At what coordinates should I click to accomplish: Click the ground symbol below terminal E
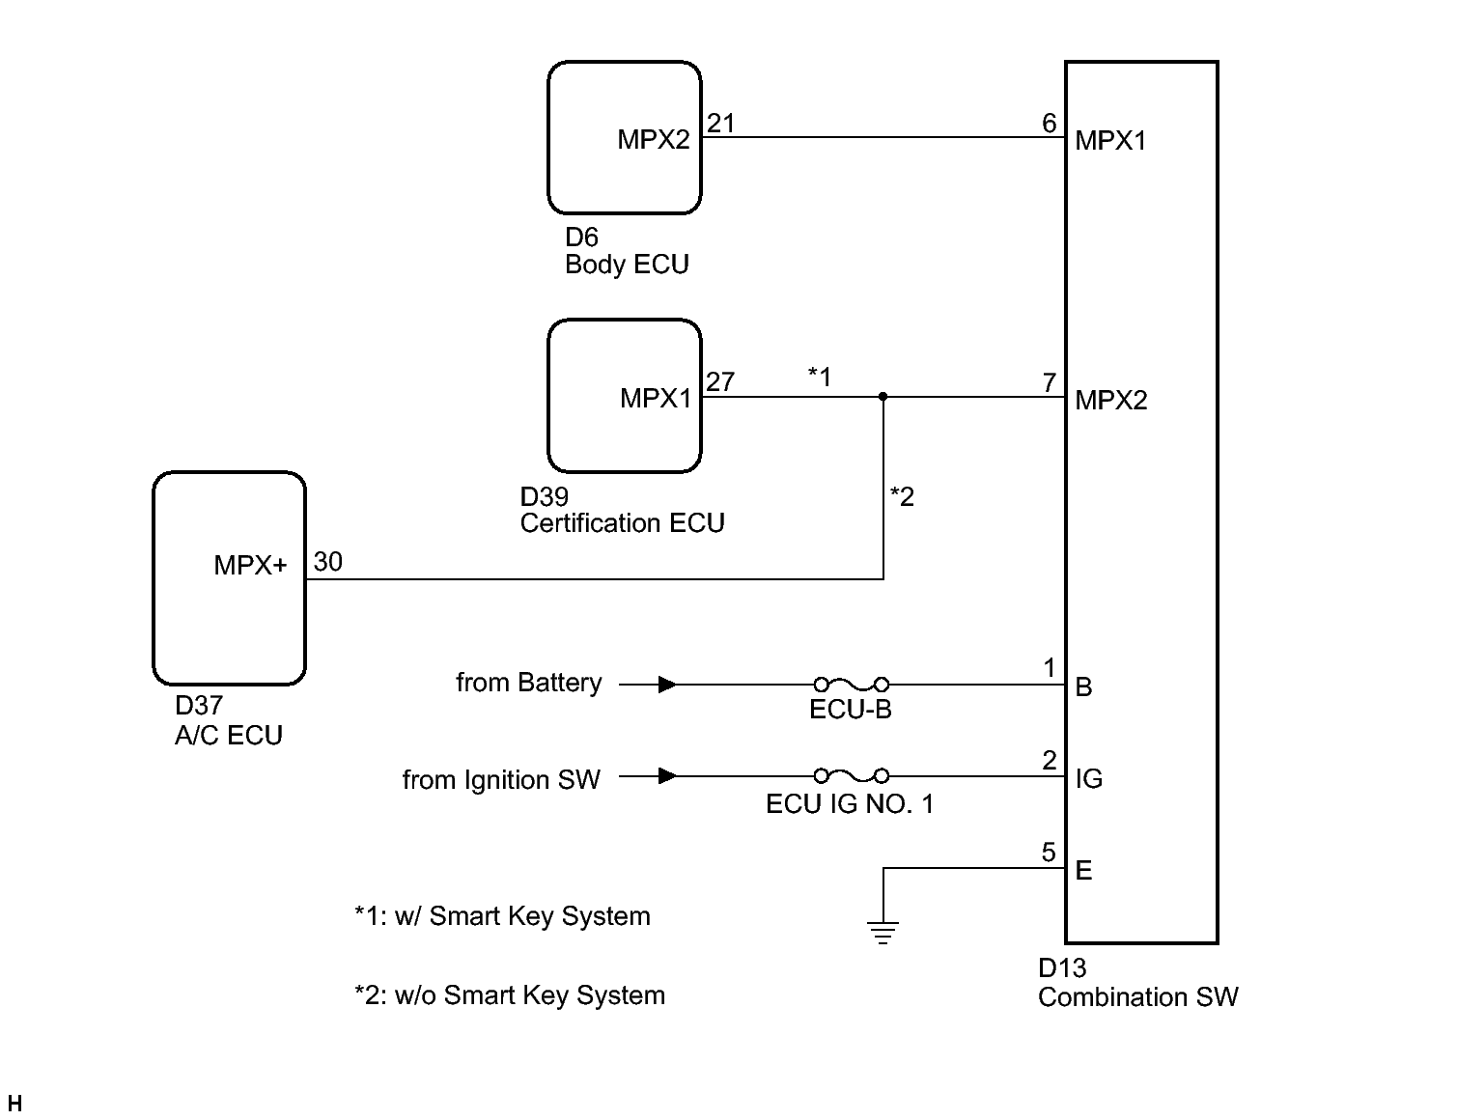pyautogui.click(x=883, y=932)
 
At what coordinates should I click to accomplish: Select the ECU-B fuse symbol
pyautogui.click(x=851, y=685)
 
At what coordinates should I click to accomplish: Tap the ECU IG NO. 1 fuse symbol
pyautogui.click(x=851, y=775)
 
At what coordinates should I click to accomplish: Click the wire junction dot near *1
pyautogui.click(x=883, y=396)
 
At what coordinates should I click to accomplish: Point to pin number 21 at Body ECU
pyautogui.click(x=720, y=124)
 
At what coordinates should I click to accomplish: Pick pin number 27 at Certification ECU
pyautogui.click(x=720, y=382)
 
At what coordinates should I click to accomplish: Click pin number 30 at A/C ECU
pyautogui.click(x=328, y=562)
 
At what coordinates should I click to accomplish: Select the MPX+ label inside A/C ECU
pyautogui.click(x=250, y=566)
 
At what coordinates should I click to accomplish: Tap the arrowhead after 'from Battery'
pyautogui.click(x=666, y=685)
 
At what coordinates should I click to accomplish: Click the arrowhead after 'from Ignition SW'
pyautogui.click(x=666, y=775)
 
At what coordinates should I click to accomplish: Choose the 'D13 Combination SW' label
pyautogui.click(x=1137, y=983)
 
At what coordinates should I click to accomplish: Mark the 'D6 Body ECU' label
pyautogui.click(x=627, y=251)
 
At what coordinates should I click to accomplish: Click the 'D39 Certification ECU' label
pyautogui.click(x=622, y=510)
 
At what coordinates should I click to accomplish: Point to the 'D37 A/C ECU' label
pyautogui.click(x=229, y=721)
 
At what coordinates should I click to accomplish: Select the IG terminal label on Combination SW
pyautogui.click(x=1089, y=778)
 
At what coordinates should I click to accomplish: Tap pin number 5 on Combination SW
pyautogui.click(x=1049, y=853)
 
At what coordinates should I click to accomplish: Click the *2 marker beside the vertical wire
pyautogui.click(x=902, y=496)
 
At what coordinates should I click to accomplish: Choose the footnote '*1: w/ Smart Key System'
pyautogui.click(x=502, y=916)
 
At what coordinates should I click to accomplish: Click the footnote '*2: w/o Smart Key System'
pyautogui.click(x=510, y=995)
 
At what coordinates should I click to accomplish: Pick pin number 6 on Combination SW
pyautogui.click(x=1049, y=124)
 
